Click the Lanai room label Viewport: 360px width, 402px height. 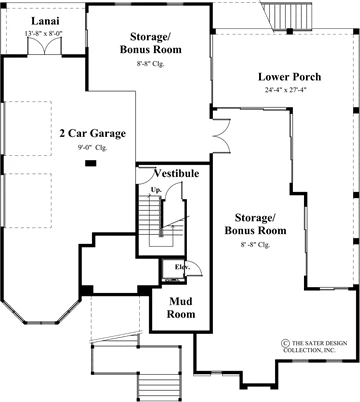tap(45, 21)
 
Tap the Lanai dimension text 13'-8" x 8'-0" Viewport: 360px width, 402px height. tap(44, 33)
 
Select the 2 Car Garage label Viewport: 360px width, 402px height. tap(93, 133)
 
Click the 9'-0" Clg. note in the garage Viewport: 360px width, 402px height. tap(92, 148)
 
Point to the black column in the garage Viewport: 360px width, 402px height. tap(91, 163)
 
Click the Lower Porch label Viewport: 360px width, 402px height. tap(290, 77)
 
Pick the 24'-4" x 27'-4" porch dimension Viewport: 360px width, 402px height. tap(286, 90)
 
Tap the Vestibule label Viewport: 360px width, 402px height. tap(177, 173)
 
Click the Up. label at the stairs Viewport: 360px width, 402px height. tap(156, 190)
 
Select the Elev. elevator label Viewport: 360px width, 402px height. tap(182, 267)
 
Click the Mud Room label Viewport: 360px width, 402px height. tap(181, 308)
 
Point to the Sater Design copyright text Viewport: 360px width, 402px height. tap(314, 347)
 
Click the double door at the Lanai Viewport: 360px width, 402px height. tap(45, 46)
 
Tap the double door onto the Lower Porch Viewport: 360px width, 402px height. tap(222, 135)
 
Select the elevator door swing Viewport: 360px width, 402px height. tap(194, 268)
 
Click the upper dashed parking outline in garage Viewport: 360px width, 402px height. tap(28, 128)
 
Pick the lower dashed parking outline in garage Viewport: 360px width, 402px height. tap(28, 200)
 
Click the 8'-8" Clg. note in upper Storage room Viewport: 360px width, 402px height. tap(151, 64)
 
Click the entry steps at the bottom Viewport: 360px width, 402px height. tap(160, 386)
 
